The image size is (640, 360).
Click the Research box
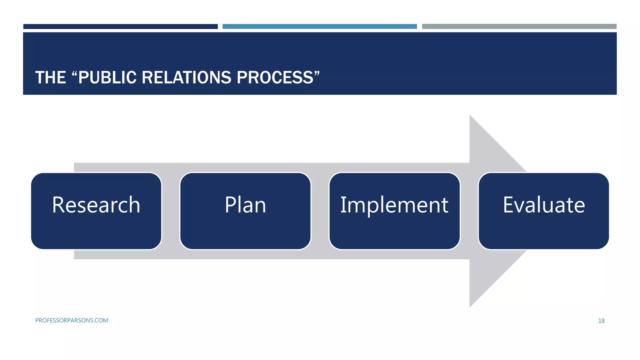(x=96, y=211)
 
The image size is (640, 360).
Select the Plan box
(x=245, y=211)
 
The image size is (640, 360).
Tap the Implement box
(x=394, y=211)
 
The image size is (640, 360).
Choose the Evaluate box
(x=544, y=211)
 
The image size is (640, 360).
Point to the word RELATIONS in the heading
(x=186, y=77)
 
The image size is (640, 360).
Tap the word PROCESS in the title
(x=275, y=77)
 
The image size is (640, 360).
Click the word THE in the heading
(x=50, y=77)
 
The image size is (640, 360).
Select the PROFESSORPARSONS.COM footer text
(x=72, y=320)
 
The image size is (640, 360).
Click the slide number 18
(x=601, y=321)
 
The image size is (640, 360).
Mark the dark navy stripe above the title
(x=120, y=27)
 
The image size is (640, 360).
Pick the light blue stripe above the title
(x=319, y=27)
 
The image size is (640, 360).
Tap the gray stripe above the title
(x=519, y=27)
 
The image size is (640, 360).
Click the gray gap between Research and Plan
(x=171, y=211)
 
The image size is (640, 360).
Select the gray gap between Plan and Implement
(x=320, y=211)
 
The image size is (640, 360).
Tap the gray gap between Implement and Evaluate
(x=469, y=211)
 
